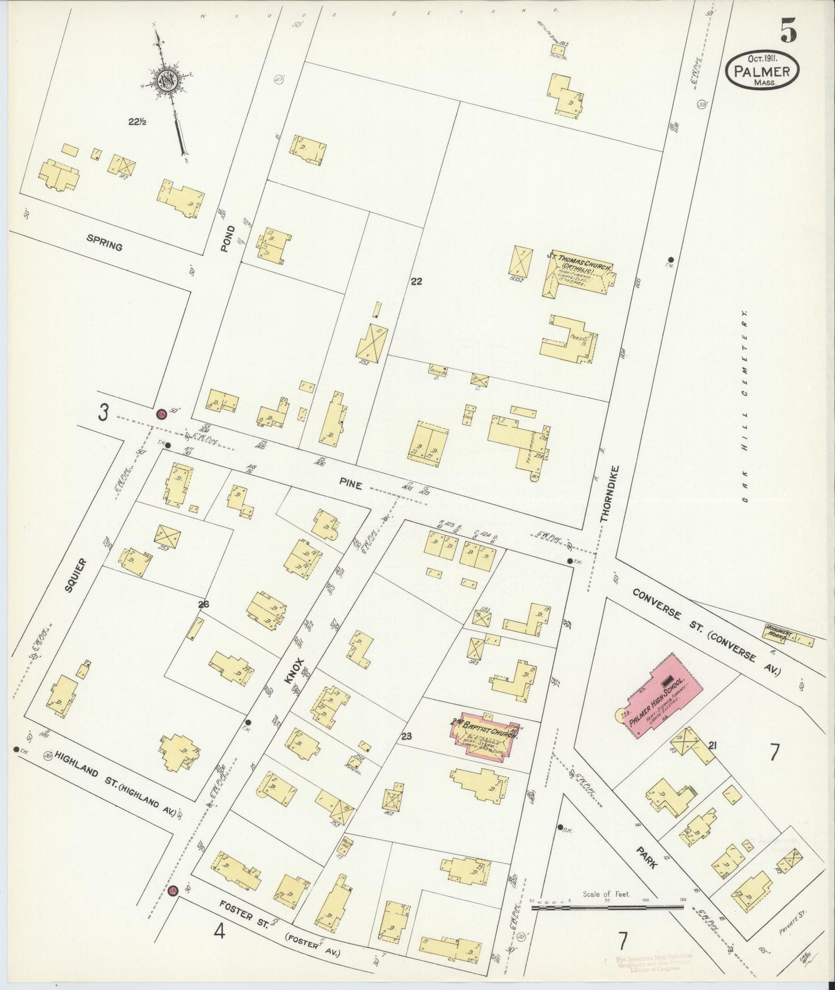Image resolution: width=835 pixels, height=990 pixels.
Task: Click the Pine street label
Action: tap(351, 486)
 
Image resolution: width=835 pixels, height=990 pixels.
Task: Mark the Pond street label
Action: tap(228, 238)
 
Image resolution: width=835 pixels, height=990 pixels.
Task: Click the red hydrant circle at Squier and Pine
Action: tap(161, 414)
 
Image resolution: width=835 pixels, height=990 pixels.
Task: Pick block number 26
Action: tap(203, 605)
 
